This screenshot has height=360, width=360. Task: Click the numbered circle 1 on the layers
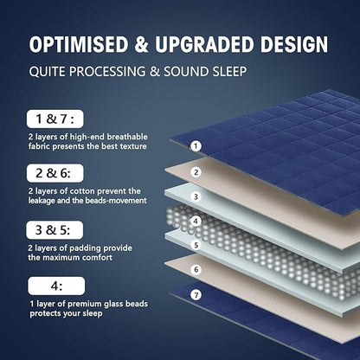pos(196,146)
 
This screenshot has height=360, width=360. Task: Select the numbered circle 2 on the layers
pos(196,171)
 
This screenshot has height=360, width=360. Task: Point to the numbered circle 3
pos(196,196)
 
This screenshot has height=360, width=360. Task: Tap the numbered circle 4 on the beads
pos(196,220)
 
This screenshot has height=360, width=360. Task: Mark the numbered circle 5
pos(196,245)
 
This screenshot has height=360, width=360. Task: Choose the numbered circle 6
pos(196,269)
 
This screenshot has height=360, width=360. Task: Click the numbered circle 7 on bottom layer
pos(196,294)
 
